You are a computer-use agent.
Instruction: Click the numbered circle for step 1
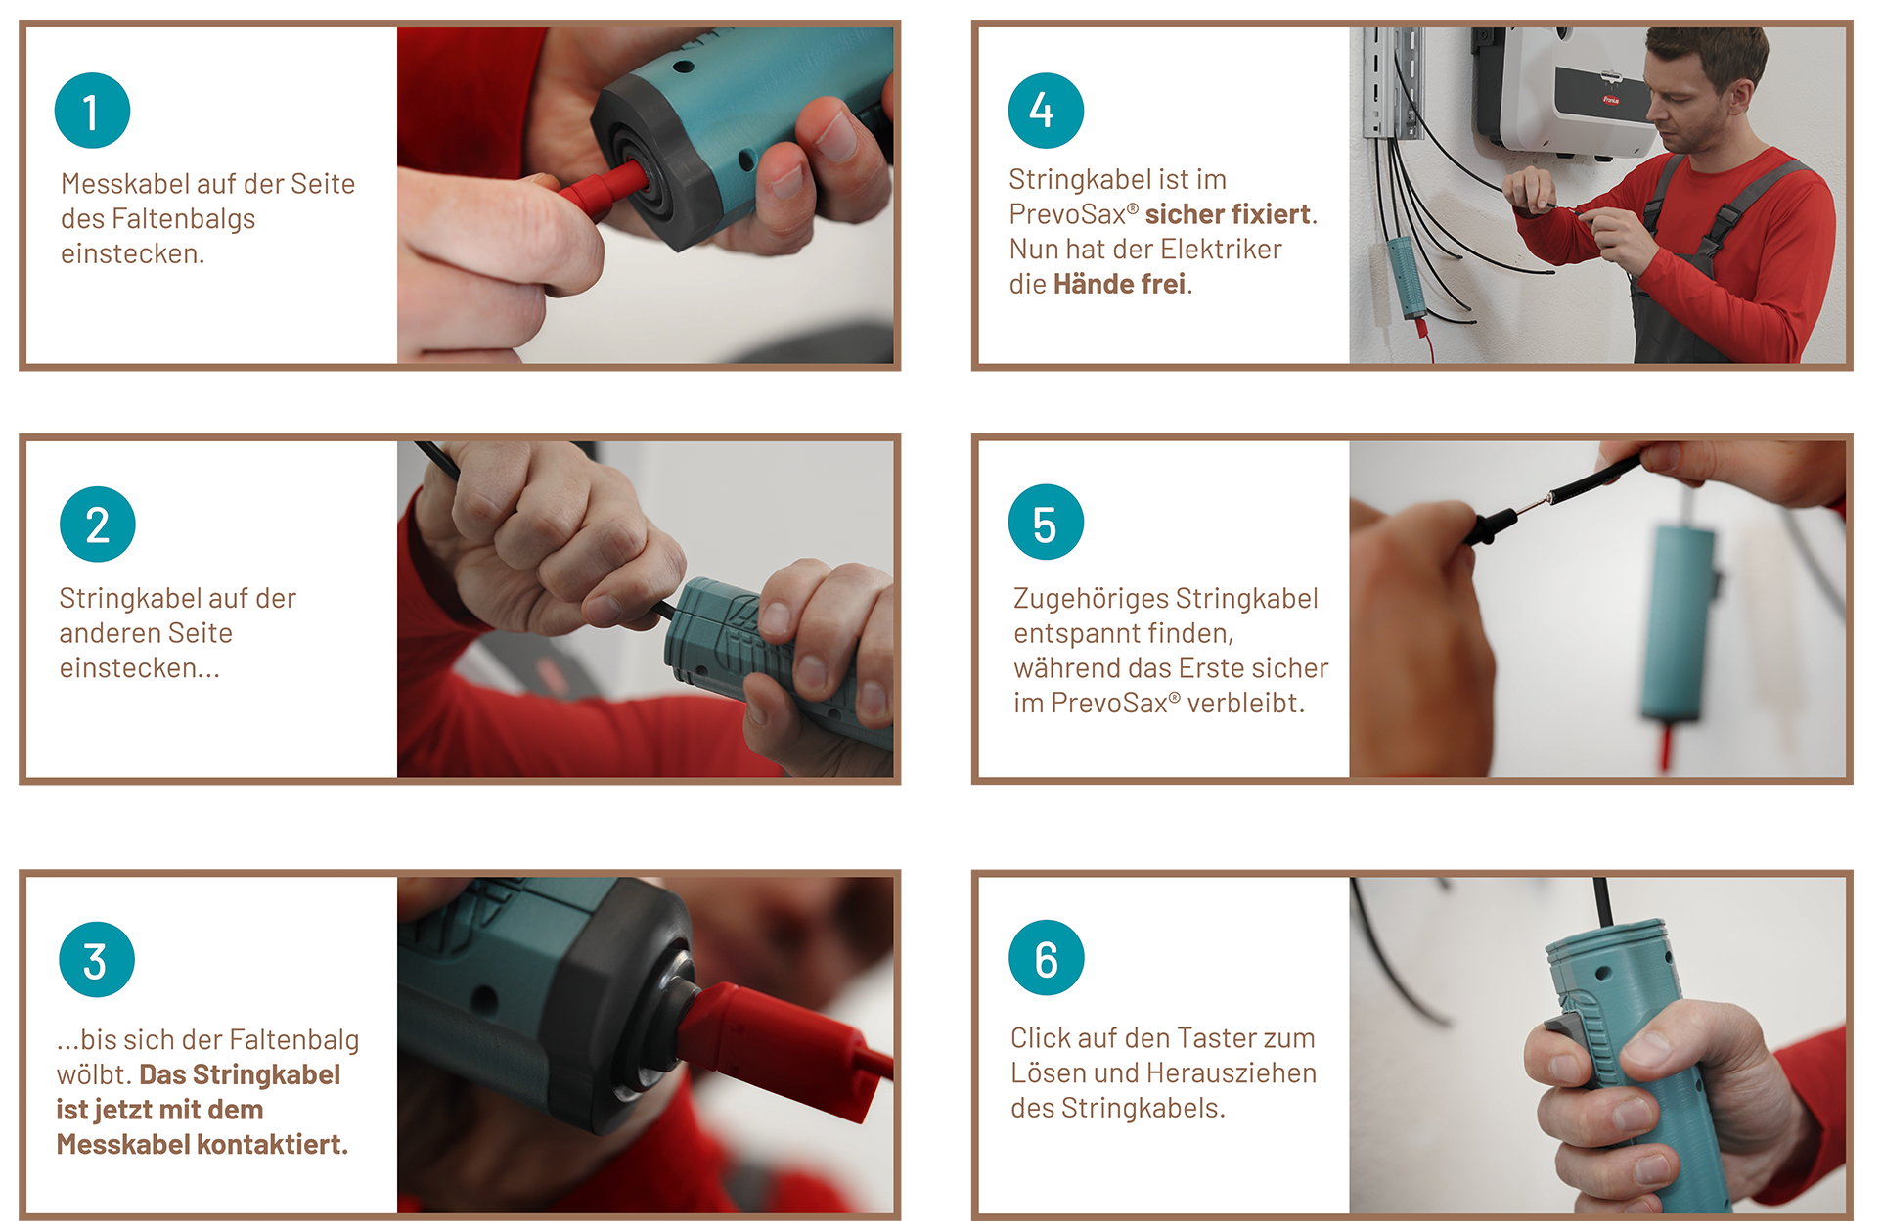[92, 111]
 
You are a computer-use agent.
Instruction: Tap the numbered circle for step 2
[98, 525]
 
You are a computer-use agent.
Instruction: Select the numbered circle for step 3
[97, 960]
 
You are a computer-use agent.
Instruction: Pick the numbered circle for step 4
[1046, 111]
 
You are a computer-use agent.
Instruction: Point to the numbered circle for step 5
[1046, 523]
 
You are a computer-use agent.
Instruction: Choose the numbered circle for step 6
[1047, 958]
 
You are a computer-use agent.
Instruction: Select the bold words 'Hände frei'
[1119, 284]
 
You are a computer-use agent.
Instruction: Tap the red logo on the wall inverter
[1610, 100]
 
